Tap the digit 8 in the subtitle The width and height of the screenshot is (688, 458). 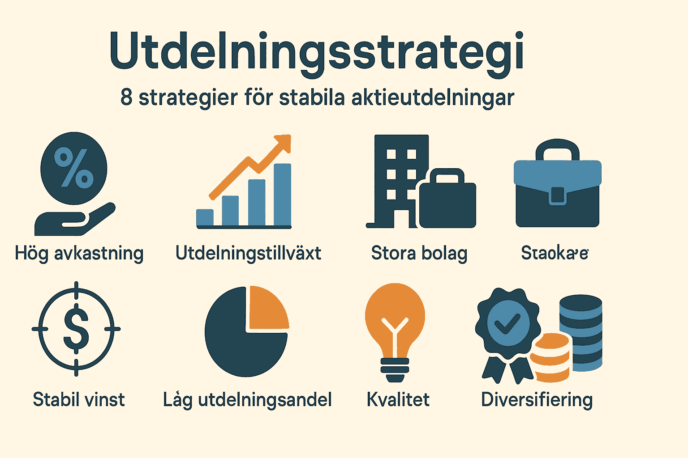pyautogui.click(x=126, y=97)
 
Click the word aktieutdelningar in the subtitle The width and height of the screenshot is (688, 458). pyautogui.click(x=433, y=98)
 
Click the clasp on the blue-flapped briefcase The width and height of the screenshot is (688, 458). pyautogui.click(x=557, y=195)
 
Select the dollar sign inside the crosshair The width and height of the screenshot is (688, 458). pyautogui.click(x=76, y=329)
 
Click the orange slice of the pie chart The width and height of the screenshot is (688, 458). pyautogui.click(x=267, y=309)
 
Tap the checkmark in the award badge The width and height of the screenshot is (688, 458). pyautogui.click(x=507, y=323)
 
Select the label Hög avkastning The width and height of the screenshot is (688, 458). pyautogui.click(x=79, y=254)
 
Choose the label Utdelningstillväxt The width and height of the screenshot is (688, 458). pyautogui.click(x=248, y=253)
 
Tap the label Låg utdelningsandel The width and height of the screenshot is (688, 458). pyautogui.click(x=247, y=400)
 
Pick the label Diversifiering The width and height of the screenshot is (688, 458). pyautogui.click(x=537, y=400)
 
